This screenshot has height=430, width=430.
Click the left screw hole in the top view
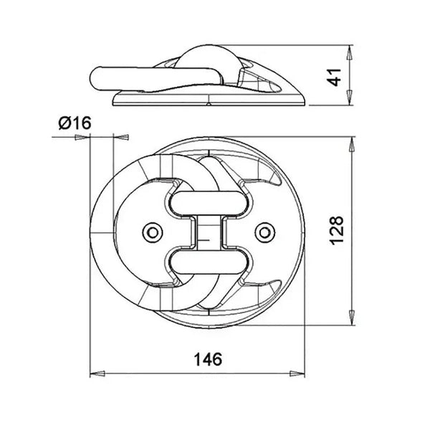click(151, 231)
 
